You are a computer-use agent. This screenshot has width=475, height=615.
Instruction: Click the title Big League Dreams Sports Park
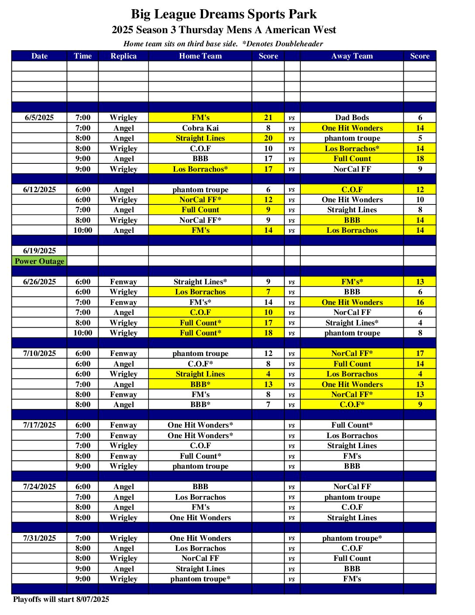point(224,14)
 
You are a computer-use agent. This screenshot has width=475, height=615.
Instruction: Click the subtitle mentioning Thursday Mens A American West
point(224,30)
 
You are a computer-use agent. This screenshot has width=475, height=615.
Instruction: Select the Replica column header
point(124,56)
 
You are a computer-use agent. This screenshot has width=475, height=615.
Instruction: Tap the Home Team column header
point(200,56)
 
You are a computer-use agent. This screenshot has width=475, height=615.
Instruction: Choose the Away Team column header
point(352,56)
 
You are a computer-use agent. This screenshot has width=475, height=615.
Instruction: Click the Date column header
point(39,56)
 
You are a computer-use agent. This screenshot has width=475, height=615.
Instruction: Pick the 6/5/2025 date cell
point(39,117)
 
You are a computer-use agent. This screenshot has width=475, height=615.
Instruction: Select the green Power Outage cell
point(39,261)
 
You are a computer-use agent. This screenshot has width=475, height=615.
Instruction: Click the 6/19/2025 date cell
point(39,251)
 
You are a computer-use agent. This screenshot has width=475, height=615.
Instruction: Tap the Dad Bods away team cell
point(352,117)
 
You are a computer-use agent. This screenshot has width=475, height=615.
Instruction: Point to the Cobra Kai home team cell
point(200,128)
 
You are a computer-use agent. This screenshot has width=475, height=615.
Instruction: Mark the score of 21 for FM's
point(268,117)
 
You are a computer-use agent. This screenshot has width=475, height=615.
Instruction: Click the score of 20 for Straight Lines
point(268,138)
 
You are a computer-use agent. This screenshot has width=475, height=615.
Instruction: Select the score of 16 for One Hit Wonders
point(420,302)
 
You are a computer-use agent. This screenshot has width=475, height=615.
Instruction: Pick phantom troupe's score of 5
point(420,138)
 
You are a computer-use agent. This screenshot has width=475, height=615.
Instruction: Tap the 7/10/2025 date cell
point(39,353)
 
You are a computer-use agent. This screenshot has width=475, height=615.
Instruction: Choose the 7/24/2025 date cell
point(39,487)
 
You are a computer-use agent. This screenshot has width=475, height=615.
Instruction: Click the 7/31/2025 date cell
point(39,538)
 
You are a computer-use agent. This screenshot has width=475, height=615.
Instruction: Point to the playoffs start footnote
point(61,599)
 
